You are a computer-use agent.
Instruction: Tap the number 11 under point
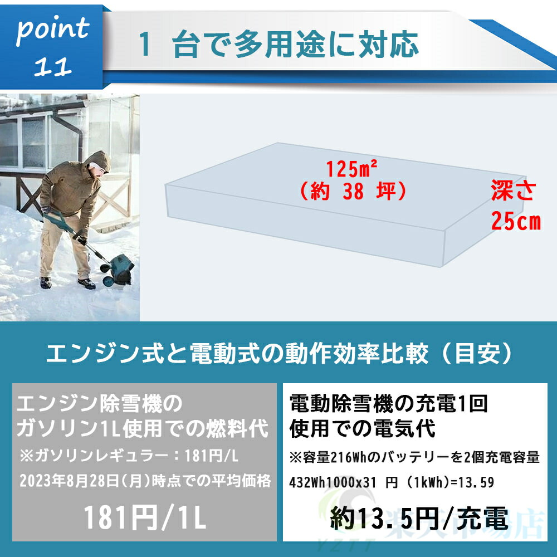click(x=52, y=66)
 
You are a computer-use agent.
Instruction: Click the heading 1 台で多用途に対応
click(x=279, y=45)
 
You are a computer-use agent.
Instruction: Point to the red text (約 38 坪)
click(x=353, y=192)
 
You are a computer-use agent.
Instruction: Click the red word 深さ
click(x=513, y=190)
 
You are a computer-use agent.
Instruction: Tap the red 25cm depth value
click(x=515, y=221)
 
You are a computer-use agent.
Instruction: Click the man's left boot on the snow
click(x=46, y=283)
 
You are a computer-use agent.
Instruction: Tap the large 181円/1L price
click(x=145, y=517)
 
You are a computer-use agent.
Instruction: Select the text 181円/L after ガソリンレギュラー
click(x=211, y=456)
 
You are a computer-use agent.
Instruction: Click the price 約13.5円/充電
click(x=419, y=518)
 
